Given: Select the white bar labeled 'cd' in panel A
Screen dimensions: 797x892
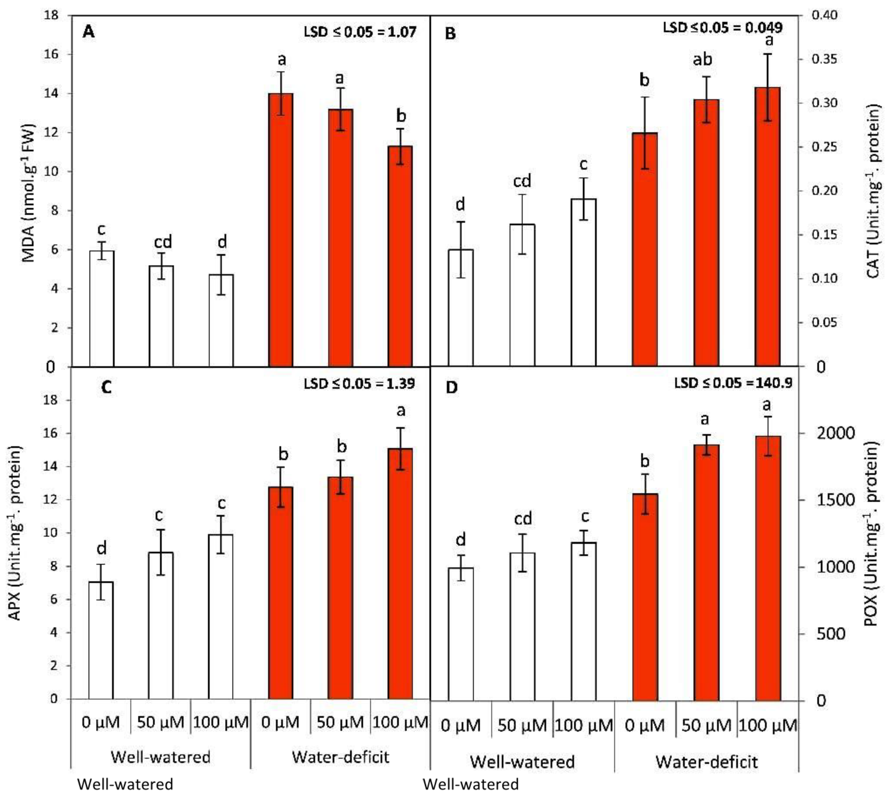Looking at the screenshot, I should tap(161, 315).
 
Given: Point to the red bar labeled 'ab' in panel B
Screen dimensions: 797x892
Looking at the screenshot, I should tap(706, 232).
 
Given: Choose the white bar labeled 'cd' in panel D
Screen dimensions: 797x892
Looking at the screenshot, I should tap(522, 626).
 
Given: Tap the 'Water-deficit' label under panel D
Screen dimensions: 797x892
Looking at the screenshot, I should tap(706, 762).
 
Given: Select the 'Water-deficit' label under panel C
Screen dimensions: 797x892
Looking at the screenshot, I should tap(340, 757).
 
